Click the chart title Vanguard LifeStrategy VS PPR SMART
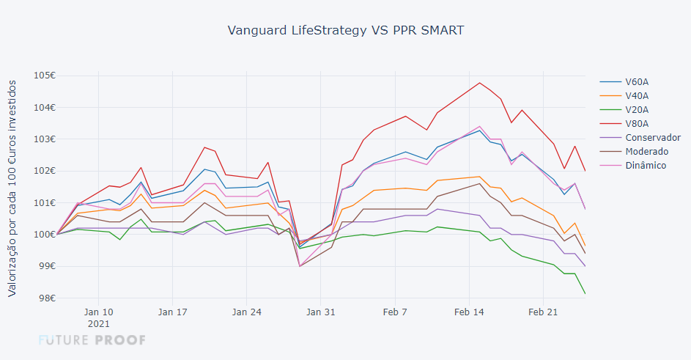pos(345,30)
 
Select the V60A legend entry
pos(637,81)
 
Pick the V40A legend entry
pos(637,95)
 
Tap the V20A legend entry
pos(637,109)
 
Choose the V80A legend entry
pos(637,123)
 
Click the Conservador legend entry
pos(653,137)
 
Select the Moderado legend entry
pos(646,151)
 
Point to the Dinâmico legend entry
pos(646,165)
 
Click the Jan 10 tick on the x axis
pos(98,312)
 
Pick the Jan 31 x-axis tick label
pos(320,312)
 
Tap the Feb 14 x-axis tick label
pos(469,312)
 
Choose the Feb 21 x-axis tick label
pos(543,312)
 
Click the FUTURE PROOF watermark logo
pos(92,340)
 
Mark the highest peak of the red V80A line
pos(480,83)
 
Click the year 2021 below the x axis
pos(98,323)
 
